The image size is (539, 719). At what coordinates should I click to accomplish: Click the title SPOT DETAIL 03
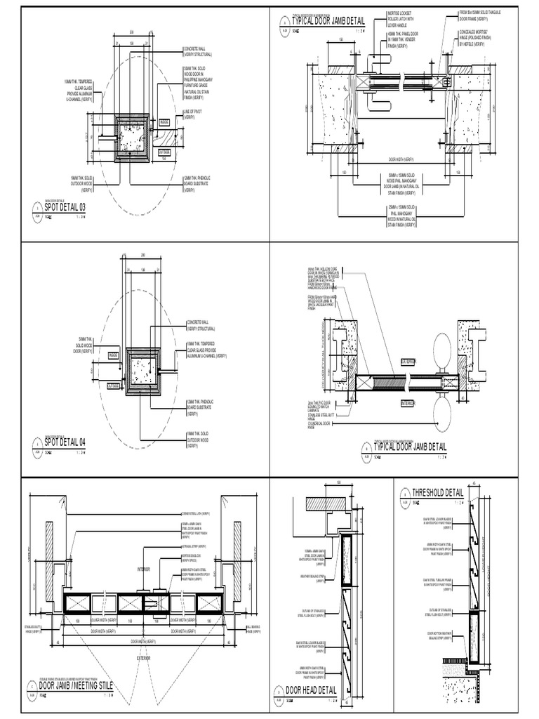(65, 207)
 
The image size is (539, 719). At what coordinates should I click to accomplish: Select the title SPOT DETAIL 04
(65, 442)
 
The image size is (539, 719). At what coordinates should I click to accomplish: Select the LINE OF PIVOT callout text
(194, 114)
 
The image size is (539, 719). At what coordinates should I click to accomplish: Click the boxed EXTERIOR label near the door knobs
(408, 361)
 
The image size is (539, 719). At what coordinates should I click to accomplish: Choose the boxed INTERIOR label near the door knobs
(408, 403)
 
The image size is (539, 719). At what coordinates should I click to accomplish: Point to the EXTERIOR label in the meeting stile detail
(143, 658)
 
